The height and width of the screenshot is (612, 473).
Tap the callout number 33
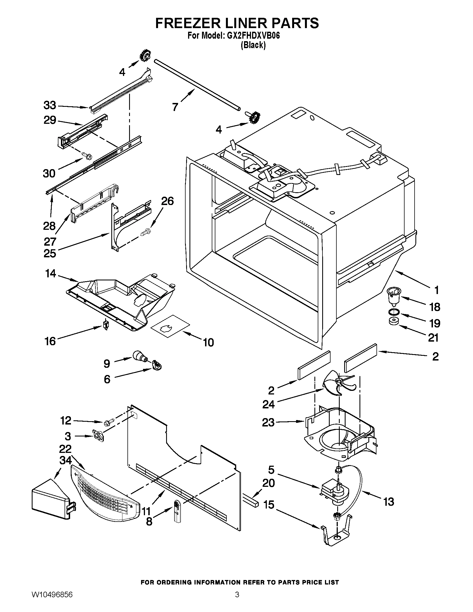point(50,106)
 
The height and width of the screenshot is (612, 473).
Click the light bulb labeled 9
point(139,356)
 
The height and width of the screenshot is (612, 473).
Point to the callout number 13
point(388,502)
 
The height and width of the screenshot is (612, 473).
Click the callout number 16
point(50,341)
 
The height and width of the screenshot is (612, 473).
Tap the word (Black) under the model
point(253,45)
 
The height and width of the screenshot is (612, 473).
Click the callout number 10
point(208,342)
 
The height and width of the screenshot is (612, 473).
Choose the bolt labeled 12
point(109,429)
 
